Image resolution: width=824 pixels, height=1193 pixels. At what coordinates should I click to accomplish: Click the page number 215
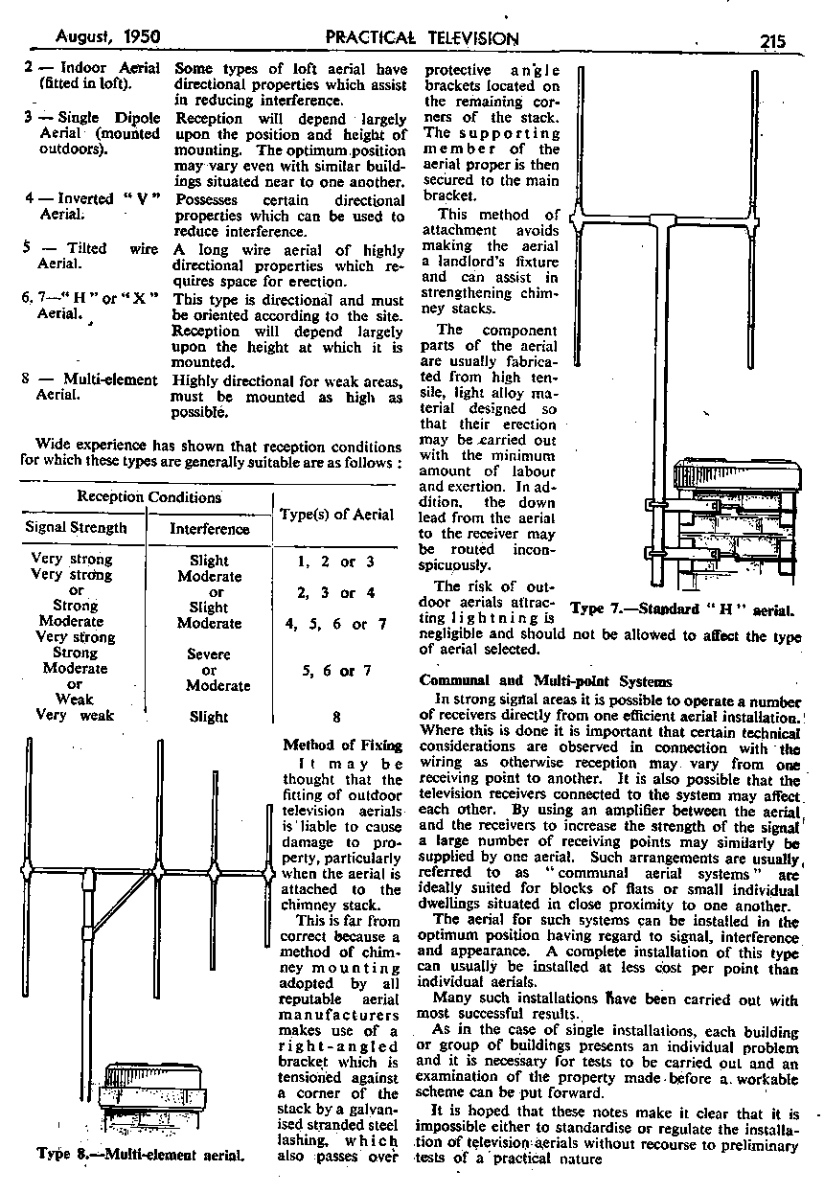click(x=771, y=39)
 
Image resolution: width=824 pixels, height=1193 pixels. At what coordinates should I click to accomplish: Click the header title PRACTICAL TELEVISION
click(x=422, y=38)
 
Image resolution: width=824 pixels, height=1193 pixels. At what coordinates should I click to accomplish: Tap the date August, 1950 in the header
click(x=107, y=37)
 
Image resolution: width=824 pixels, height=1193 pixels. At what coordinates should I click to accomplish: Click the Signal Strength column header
click(x=76, y=527)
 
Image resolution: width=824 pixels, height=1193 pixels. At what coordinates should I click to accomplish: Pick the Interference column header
click(x=209, y=528)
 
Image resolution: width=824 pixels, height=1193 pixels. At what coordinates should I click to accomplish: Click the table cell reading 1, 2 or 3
click(x=336, y=562)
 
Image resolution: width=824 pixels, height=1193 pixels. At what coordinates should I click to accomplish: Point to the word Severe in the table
click(x=210, y=654)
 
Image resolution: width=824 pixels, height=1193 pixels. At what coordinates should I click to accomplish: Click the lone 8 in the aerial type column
click(x=336, y=716)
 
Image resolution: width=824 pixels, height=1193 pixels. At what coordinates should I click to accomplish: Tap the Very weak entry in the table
click(x=73, y=715)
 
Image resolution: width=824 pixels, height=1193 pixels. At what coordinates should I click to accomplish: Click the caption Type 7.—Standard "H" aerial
click(x=684, y=608)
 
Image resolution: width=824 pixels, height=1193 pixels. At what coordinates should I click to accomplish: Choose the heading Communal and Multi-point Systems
click(x=546, y=681)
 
